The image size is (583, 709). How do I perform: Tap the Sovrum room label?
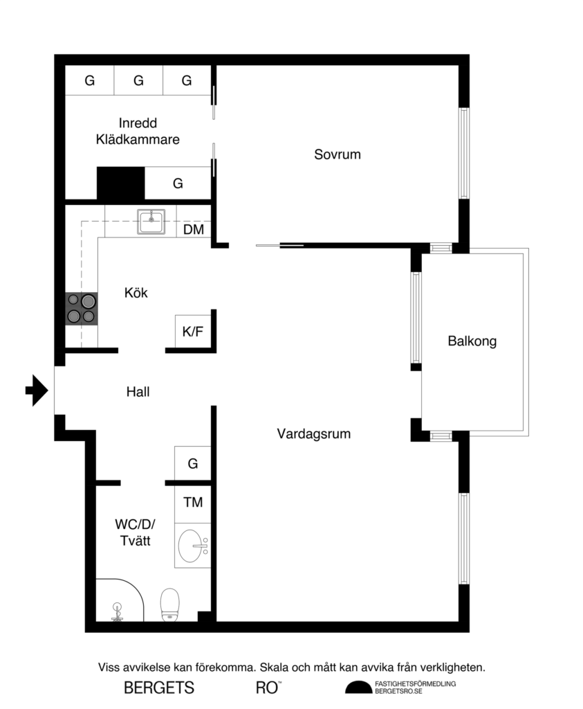coord(337,154)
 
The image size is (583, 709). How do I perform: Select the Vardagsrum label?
coord(313,434)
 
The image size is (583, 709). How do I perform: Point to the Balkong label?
coord(472,341)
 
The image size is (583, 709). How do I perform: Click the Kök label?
coord(136,293)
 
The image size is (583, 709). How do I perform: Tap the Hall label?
coord(138,392)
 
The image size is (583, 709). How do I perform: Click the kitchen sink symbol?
coord(150,222)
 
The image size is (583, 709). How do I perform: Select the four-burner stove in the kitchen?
coord(81,309)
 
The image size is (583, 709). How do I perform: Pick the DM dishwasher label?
coord(194,229)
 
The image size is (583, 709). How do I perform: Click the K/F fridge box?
coord(193,332)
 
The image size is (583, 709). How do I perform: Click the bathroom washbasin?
coord(193,547)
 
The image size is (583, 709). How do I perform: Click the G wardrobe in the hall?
coord(193,463)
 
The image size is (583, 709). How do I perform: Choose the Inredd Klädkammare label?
coord(138,132)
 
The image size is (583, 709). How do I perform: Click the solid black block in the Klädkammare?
coord(120,183)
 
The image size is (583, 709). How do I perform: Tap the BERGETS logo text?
coord(159,688)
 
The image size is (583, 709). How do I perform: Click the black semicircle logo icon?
coord(358,687)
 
